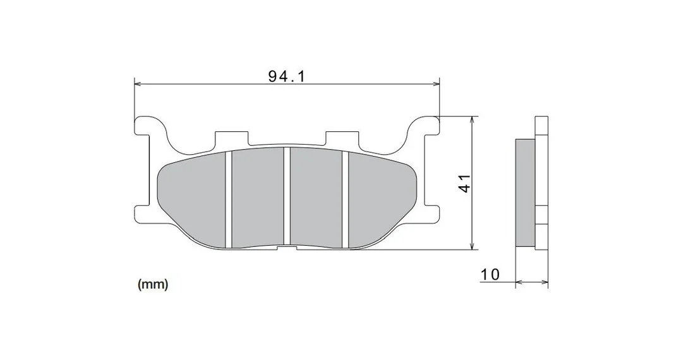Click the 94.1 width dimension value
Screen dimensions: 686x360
[x=286, y=76]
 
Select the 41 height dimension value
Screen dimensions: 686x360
[x=465, y=183]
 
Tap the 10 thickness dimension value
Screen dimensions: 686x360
[x=490, y=275]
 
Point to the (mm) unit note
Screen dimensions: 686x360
[x=153, y=285]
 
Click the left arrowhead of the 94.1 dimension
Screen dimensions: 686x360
[x=137, y=83]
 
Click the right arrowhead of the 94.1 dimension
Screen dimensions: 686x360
[x=436, y=83]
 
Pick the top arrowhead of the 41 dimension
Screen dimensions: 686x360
[x=472, y=120]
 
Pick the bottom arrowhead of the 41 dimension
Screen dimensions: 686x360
[x=472, y=246]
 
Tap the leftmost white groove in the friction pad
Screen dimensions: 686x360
[x=228, y=199]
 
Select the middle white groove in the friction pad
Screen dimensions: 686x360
[x=287, y=196]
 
